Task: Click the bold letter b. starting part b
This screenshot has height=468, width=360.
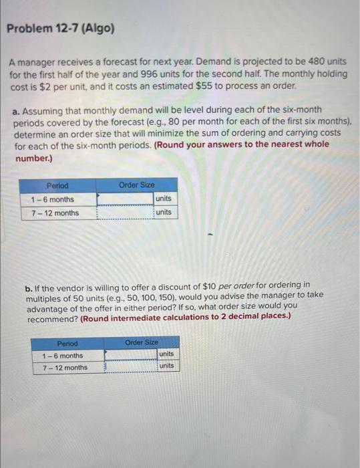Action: pos(30,285)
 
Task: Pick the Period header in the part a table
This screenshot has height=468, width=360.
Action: pos(57,185)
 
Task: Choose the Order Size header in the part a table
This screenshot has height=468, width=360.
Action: pos(137,185)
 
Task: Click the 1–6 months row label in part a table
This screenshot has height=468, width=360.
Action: pos(53,199)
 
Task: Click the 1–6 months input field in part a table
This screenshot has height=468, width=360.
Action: pos(126,199)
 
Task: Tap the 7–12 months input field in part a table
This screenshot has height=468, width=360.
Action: pos(126,213)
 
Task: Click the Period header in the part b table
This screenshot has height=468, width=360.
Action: pos(67,343)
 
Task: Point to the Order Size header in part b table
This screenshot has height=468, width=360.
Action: pos(142,342)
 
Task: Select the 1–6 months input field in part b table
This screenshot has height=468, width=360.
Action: pos(130,355)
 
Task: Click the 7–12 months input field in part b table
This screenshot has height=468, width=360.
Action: pos(130,367)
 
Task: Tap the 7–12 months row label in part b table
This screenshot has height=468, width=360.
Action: pos(65,367)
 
